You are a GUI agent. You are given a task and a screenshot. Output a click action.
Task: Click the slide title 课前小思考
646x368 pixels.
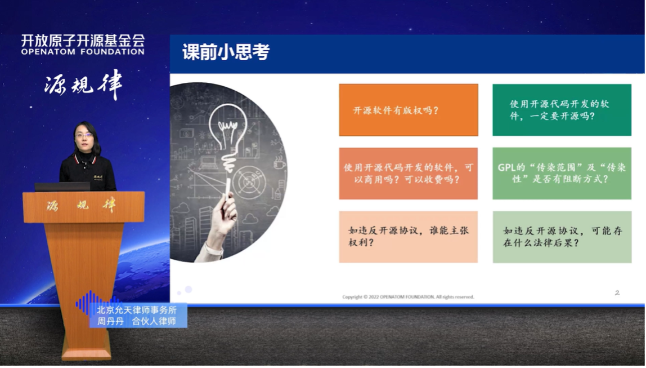pyautogui.click(x=226, y=52)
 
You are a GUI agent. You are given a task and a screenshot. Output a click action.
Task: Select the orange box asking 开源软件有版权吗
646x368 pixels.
pyautogui.click(x=409, y=110)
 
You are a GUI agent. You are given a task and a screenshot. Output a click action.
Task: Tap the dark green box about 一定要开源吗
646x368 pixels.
pyautogui.click(x=562, y=110)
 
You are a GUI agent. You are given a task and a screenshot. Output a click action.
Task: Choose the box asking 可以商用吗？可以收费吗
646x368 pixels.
pyautogui.click(x=409, y=174)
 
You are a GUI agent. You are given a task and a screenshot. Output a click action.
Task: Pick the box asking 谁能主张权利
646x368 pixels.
pyautogui.click(x=409, y=237)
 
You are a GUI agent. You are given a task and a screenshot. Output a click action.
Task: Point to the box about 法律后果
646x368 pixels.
pyautogui.click(x=562, y=237)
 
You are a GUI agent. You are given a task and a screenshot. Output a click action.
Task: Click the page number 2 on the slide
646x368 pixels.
pyautogui.click(x=617, y=292)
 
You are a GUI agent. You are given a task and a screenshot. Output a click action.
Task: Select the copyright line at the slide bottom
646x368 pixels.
pyautogui.click(x=408, y=297)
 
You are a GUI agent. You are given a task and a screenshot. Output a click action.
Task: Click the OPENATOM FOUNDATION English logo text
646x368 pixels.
pyautogui.click(x=83, y=52)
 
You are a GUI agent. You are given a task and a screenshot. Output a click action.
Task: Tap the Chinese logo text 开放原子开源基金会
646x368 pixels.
pyautogui.click(x=83, y=41)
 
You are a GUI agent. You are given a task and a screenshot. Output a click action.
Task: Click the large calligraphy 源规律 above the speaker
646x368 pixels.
pyautogui.click(x=83, y=85)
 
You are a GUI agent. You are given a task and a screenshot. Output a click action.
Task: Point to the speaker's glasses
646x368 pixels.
pyautogui.click(x=84, y=135)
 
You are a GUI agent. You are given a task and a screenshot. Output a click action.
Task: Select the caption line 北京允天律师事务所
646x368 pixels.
pyautogui.click(x=137, y=311)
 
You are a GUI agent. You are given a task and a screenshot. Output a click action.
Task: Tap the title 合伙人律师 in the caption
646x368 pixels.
pyautogui.click(x=154, y=322)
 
